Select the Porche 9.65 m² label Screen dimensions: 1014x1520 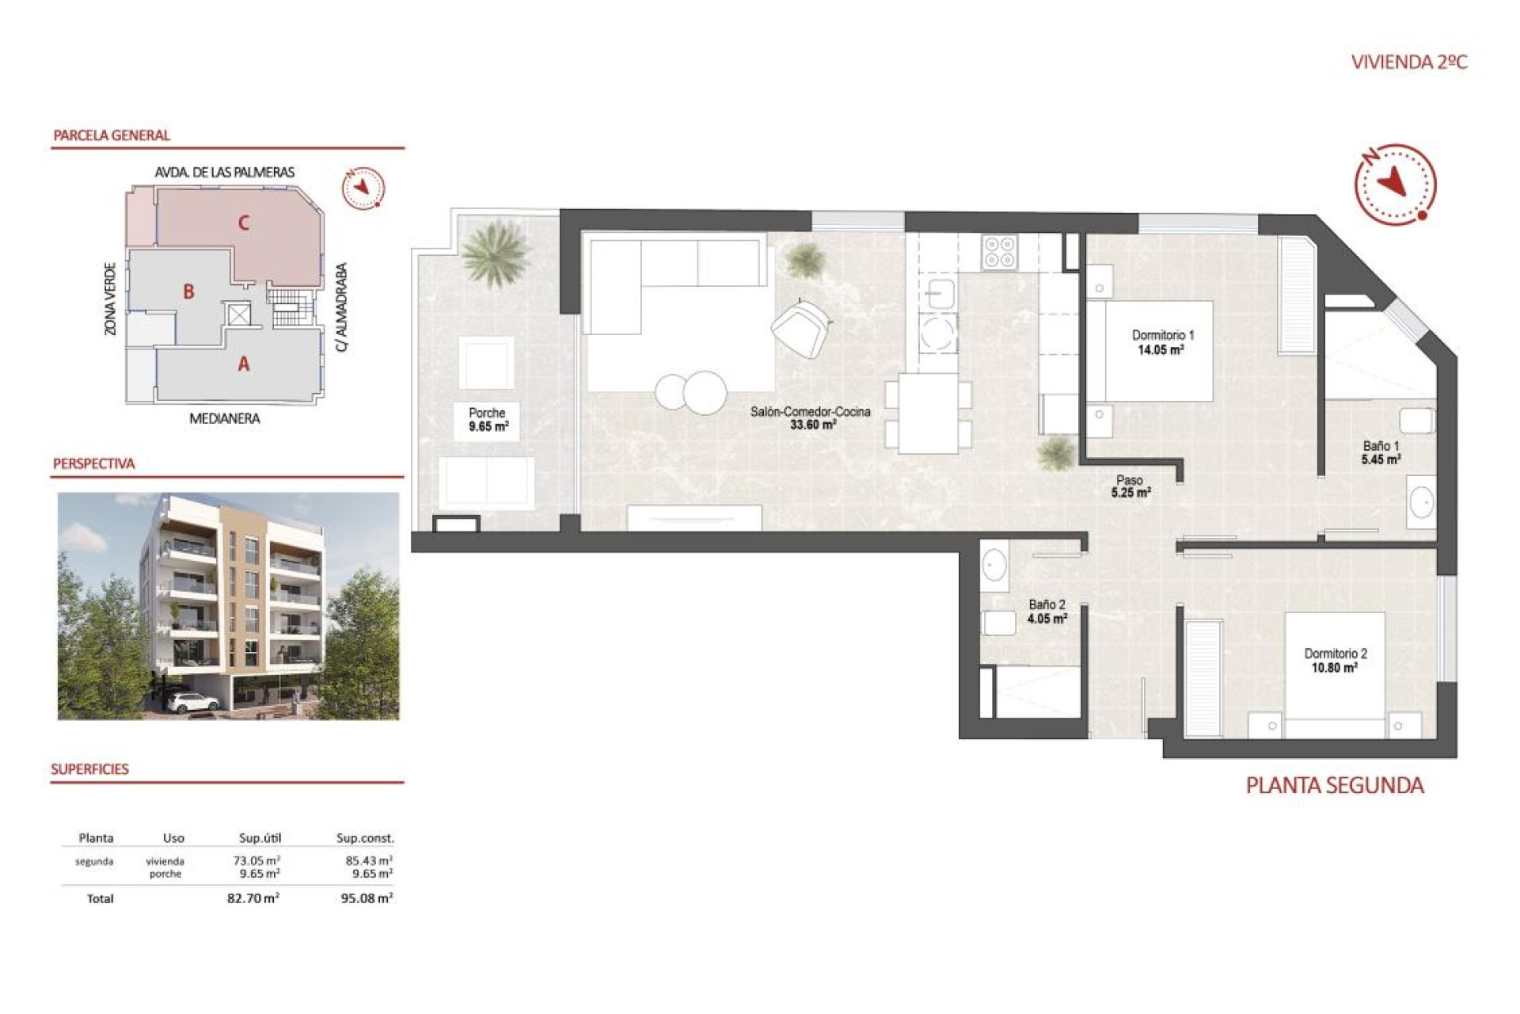[x=488, y=419]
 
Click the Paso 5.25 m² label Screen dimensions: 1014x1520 [x=1130, y=486]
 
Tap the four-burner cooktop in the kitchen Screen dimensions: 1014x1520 [x=999, y=253]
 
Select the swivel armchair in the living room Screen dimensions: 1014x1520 [x=801, y=328]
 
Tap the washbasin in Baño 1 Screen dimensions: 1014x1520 [x=1422, y=501]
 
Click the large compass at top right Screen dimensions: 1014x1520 [x=1395, y=184]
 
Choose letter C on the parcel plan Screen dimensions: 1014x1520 [x=244, y=223]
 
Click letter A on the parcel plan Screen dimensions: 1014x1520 [x=244, y=364]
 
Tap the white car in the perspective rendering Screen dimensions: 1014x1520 [x=193, y=702]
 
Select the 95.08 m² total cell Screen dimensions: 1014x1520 [x=367, y=898]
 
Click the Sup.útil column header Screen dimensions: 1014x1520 [x=260, y=838]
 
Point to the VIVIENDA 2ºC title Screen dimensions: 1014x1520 [x=1409, y=63]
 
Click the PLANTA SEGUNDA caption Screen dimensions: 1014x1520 [x=1335, y=786]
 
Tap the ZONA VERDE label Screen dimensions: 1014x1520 [x=111, y=299]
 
